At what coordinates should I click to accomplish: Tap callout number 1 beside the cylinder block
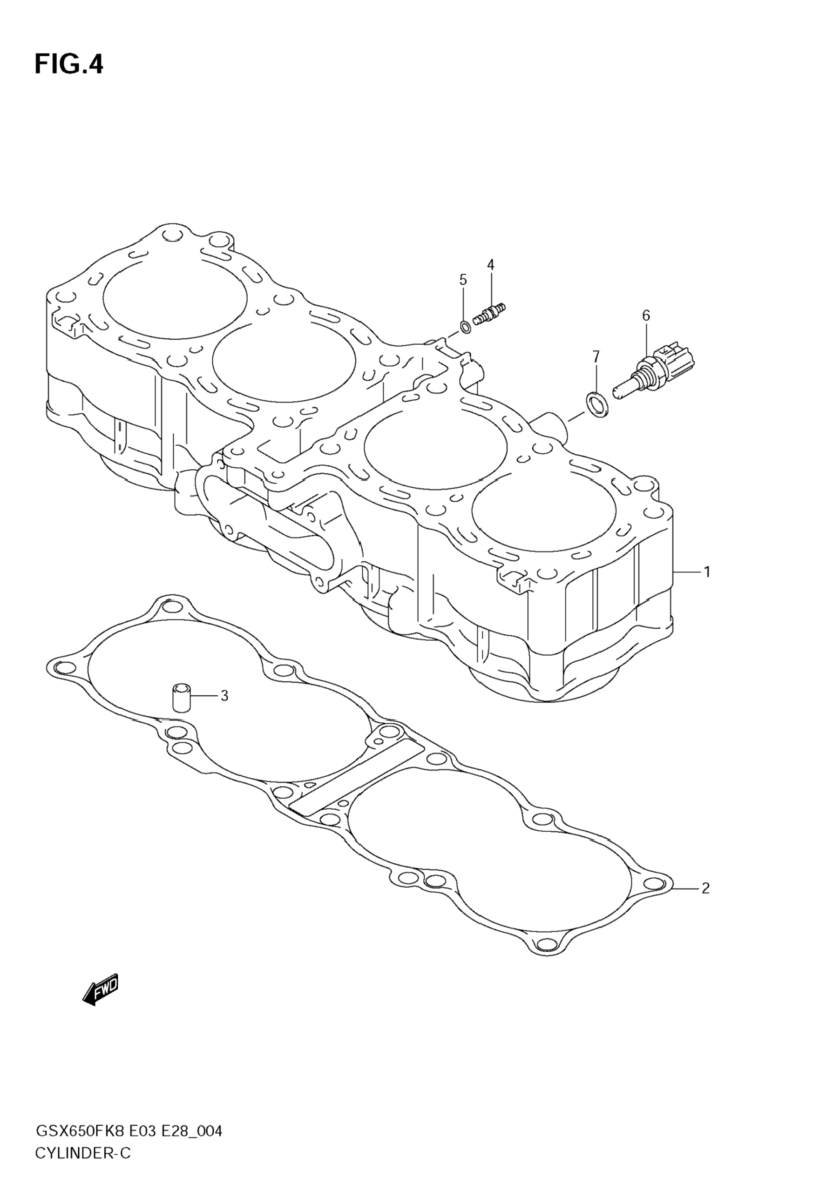(706, 573)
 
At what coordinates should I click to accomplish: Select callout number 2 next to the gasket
(705, 889)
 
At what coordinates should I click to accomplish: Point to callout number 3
(224, 696)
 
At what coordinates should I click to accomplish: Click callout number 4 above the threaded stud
(490, 265)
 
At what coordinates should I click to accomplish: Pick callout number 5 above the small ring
(463, 280)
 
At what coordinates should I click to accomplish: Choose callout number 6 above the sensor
(646, 315)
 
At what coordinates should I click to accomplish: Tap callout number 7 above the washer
(596, 356)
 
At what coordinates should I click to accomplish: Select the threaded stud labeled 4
(489, 315)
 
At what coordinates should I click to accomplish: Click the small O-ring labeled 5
(466, 327)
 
